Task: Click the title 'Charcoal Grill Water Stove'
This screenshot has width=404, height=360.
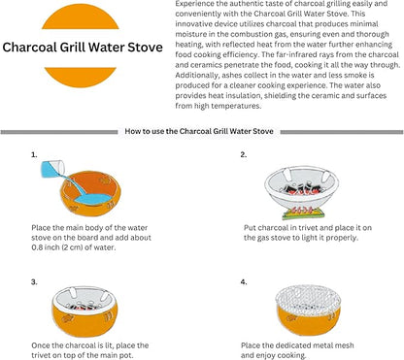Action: (x=83, y=48)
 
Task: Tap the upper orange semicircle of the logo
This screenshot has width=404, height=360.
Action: (x=81, y=17)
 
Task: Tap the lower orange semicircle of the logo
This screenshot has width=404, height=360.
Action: (x=81, y=77)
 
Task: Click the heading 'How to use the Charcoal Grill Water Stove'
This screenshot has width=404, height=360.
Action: (x=199, y=131)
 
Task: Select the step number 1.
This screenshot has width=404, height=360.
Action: (x=34, y=155)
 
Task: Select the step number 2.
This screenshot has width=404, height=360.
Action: (x=244, y=155)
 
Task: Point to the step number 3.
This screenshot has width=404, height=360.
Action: (x=34, y=282)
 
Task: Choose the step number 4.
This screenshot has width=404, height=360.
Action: (x=244, y=282)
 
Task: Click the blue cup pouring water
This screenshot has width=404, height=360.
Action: (x=51, y=169)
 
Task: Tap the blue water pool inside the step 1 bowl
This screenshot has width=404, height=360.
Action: (x=93, y=199)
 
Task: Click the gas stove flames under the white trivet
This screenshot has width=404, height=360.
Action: (x=301, y=211)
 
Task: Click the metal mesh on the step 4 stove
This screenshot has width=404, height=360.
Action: (x=308, y=300)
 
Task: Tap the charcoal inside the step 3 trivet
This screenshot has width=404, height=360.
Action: (x=84, y=306)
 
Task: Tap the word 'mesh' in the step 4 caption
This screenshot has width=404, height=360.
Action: (x=344, y=345)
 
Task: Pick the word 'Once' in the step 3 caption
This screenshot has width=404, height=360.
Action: (x=40, y=345)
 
